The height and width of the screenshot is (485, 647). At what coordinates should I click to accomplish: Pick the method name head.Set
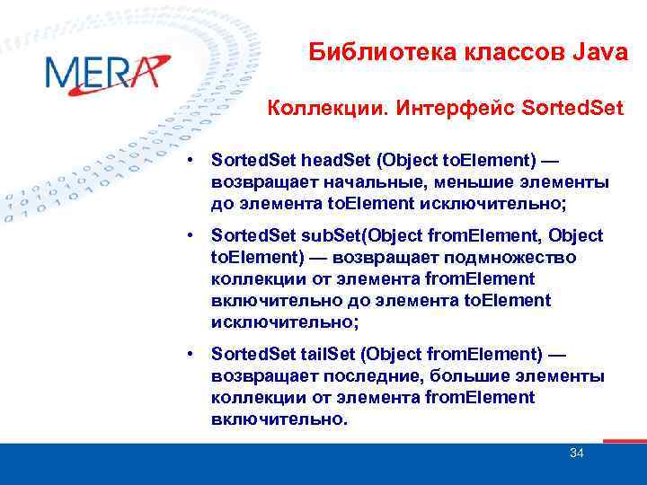click(x=335, y=162)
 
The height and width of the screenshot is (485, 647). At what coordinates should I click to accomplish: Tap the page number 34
click(x=577, y=453)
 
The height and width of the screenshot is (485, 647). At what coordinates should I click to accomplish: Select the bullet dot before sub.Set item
click(x=192, y=237)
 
